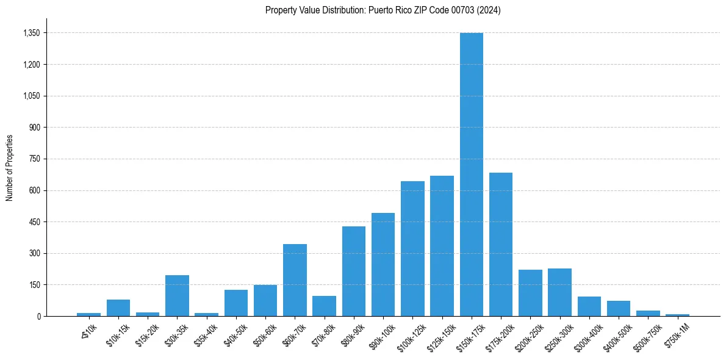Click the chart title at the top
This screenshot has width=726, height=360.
click(x=383, y=10)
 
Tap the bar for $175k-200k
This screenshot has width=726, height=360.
click(x=501, y=244)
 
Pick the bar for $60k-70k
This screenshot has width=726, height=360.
click(x=295, y=280)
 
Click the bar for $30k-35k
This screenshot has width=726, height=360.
click(x=177, y=296)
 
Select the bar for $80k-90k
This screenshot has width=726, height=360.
click(x=354, y=272)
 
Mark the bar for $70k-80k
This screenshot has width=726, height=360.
click(x=324, y=306)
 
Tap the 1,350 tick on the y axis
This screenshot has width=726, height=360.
click(x=31, y=33)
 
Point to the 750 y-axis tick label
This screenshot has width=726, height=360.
click(x=34, y=159)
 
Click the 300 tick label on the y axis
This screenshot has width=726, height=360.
click(x=34, y=253)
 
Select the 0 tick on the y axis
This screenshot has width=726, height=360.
click(x=38, y=316)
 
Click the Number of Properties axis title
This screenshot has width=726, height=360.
click(x=9, y=167)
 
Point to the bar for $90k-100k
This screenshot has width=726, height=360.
click(x=383, y=265)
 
